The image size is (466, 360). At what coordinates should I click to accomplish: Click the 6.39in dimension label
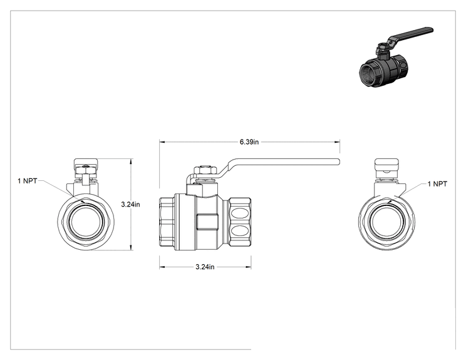[249, 142]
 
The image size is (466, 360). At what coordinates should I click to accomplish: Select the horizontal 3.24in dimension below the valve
[205, 267]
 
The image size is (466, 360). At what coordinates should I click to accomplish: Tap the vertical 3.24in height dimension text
[130, 204]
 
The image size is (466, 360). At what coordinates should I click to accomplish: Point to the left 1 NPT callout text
[28, 181]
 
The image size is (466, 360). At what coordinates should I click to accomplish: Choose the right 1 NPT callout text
[437, 184]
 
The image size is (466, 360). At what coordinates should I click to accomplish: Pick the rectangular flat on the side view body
[207, 222]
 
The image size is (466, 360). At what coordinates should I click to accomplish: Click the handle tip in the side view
[338, 162]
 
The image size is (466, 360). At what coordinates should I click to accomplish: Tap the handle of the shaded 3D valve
[410, 35]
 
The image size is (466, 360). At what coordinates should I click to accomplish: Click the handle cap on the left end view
[86, 162]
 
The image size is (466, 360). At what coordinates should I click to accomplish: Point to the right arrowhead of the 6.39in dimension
[338, 142]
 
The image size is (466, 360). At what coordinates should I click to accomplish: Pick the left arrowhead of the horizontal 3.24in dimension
[162, 267]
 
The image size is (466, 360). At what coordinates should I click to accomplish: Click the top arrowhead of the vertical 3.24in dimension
[131, 162]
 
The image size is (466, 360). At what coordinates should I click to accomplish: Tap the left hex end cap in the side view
[167, 222]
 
